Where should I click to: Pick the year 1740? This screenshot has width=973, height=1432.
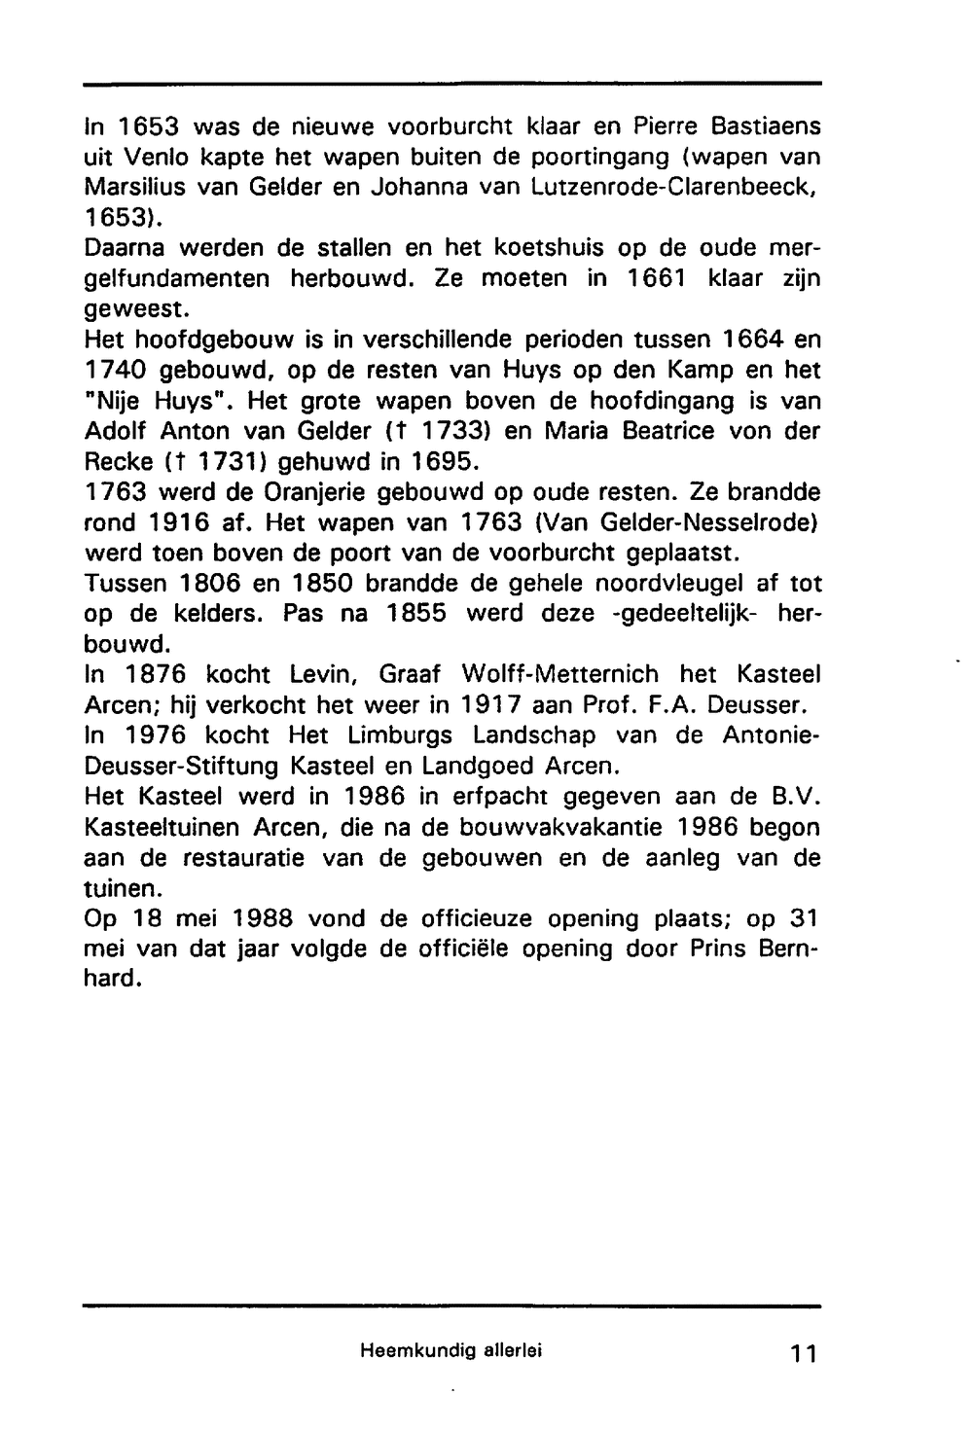tap(114, 370)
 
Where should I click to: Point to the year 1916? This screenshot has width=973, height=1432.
tap(181, 522)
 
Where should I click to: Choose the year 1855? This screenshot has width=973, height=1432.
tap(417, 614)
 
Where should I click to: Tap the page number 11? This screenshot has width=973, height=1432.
tap(803, 1353)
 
